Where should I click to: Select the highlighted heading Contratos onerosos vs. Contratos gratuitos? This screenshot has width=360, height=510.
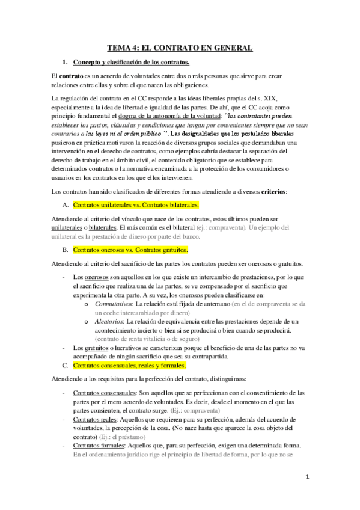130,249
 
